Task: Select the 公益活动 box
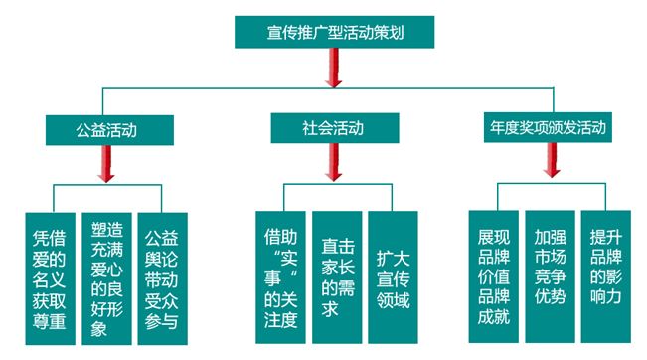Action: point(106,129)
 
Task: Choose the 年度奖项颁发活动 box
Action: point(548,128)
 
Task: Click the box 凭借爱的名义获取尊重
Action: point(49,270)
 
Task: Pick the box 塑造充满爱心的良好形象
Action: point(105,270)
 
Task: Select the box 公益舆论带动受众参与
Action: point(161,270)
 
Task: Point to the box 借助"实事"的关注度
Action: point(279,270)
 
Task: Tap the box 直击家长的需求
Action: point(336,270)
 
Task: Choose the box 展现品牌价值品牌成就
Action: point(493,270)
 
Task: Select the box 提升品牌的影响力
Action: point(605,270)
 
